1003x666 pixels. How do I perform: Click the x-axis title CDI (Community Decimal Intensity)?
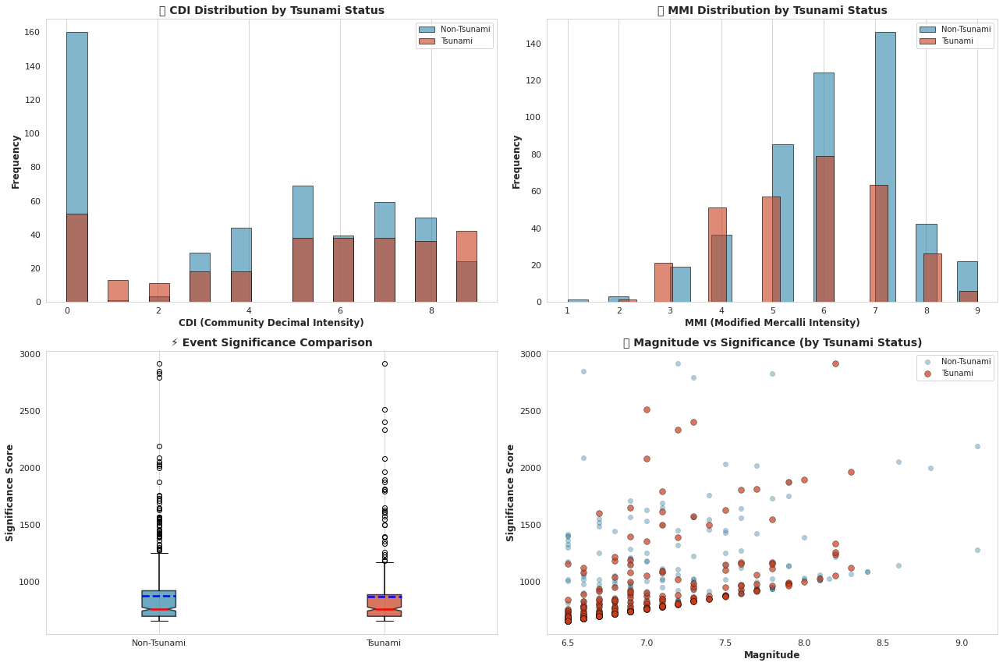click(271, 323)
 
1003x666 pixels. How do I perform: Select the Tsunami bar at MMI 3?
click(663, 282)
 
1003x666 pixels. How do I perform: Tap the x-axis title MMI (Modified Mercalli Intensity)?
click(771, 323)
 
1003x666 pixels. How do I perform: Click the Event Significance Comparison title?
click(271, 342)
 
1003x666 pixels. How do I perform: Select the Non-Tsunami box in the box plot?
click(159, 604)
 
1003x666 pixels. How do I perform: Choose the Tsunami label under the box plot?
click(384, 643)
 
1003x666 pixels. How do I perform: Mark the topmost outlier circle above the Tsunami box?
click(385, 363)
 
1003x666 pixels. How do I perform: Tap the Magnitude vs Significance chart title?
click(771, 342)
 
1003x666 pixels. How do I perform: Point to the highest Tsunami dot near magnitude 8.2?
click(835, 363)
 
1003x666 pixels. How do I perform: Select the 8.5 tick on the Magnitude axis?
click(883, 643)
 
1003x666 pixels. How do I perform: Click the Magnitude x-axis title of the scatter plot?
click(771, 655)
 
